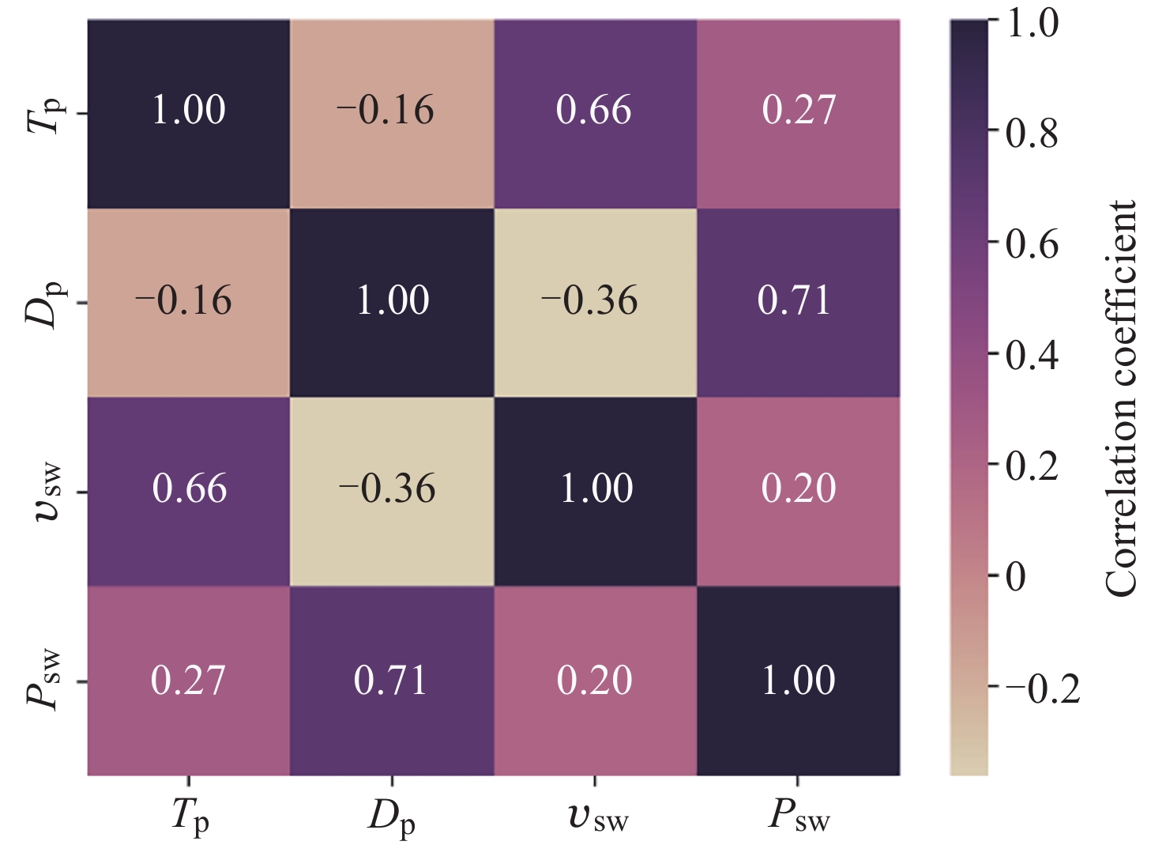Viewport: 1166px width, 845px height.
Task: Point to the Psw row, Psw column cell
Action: coord(798,680)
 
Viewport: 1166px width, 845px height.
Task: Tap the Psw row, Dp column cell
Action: coord(392,680)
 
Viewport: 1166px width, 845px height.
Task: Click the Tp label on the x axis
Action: coord(190,816)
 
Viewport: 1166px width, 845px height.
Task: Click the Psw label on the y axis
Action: coord(44,680)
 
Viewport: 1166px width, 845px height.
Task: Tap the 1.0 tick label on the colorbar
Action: coord(1032,24)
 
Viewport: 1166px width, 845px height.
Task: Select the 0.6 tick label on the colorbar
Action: coord(1032,244)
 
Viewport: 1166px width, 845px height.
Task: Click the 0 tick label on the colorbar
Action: coord(1016,577)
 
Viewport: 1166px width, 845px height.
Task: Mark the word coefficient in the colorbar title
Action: coord(1121,285)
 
